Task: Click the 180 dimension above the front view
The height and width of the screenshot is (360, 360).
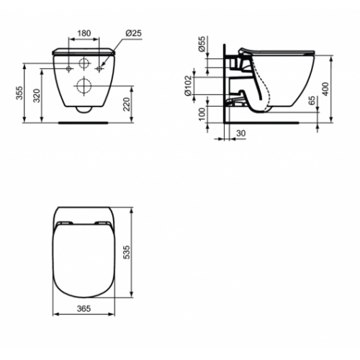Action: (x=84, y=33)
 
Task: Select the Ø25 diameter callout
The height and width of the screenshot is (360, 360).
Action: (x=132, y=33)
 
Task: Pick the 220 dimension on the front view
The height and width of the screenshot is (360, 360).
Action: (x=127, y=105)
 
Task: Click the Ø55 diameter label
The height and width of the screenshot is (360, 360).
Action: (x=202, y=49)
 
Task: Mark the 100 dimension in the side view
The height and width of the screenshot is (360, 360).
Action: (x=202, y=114)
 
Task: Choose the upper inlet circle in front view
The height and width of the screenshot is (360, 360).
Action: (x=84, y=63)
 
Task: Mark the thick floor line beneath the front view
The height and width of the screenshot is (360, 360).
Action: (x=84, y=122)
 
